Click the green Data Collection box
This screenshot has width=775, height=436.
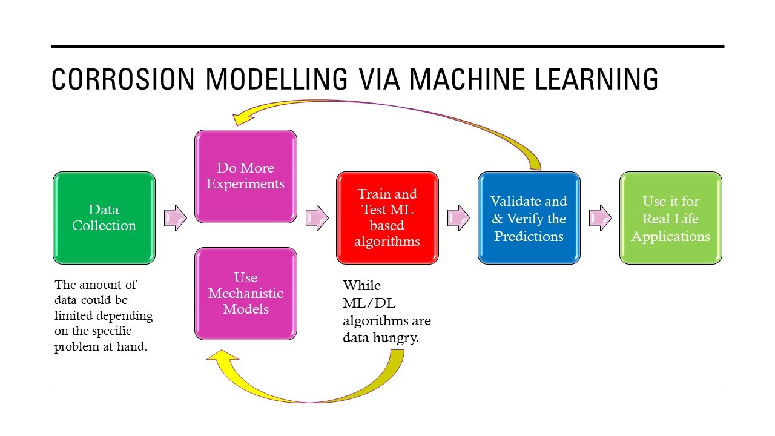pyautogui.click(x=104, y=218)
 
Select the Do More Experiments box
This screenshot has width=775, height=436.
pyautogui.click(x=246, y=176)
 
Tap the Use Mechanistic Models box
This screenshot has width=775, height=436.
pyautogui.click(x=246, y=294)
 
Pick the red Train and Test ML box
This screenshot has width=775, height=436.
pyautogui.click(x=387, y=218)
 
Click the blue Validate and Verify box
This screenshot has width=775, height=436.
pyautogui.click(x=529, y=218)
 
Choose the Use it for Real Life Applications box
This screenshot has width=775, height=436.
pyautogui.click(x=671, y=218)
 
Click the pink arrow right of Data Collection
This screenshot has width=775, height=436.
pyautogui.click(x=176, y=218)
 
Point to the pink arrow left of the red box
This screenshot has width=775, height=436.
pyautogui.click(x=317, y=218)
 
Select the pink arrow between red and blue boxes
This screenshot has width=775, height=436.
pyautogui.click(x=459, y=218)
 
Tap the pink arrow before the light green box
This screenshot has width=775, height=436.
pyautogui.click(x=600, y=218)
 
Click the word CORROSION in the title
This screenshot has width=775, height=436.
pyautogui.click(x=123, y=79)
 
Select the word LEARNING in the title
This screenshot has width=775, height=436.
pyautogui.click(x=596, y=79)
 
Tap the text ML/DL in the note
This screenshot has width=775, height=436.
pyautogui.click(x=369, y=303)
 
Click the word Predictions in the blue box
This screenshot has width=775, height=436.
pyautogui.click(x=529, y=236)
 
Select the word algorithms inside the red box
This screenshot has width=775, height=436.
pyautogui.click(x=387, y=242)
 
